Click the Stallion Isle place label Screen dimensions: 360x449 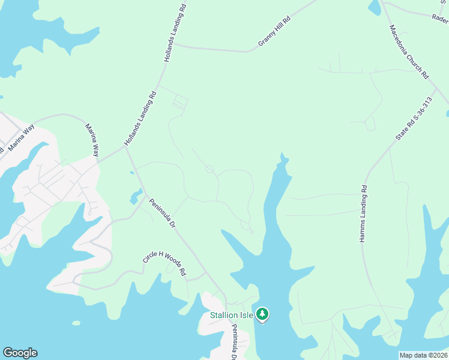(231, 315)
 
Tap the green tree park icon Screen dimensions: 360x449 (262, 314)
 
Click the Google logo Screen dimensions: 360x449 (20, 353)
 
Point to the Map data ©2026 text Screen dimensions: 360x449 (423, 355)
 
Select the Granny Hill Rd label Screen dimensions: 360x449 (274, 31)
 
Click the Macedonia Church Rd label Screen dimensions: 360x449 (409, 52)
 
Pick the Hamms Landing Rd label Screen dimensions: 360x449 (363, 214)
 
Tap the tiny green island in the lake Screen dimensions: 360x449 (76, 323)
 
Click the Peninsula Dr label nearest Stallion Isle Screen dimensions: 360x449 (235, 343)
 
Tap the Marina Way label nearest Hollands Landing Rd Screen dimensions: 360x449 (91, 140)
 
